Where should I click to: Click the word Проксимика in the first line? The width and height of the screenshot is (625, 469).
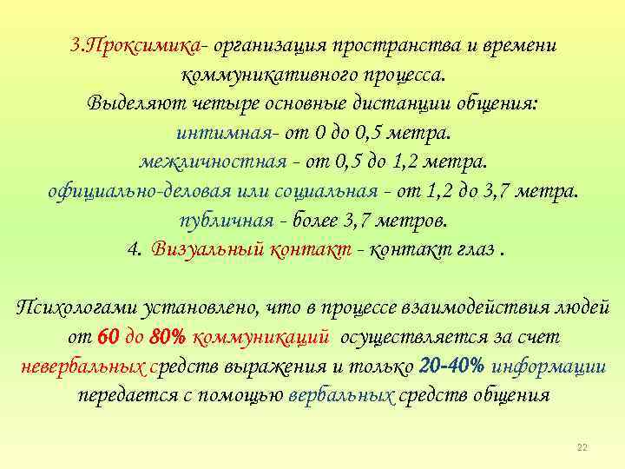tap(148, 45)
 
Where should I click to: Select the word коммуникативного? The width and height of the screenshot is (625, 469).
tap(257, 75)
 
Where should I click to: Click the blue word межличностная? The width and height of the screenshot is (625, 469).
tap(213, 163)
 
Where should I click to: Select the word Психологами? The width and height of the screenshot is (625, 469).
tap(73, 307)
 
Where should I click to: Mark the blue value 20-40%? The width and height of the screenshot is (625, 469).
tap(451, 366)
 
